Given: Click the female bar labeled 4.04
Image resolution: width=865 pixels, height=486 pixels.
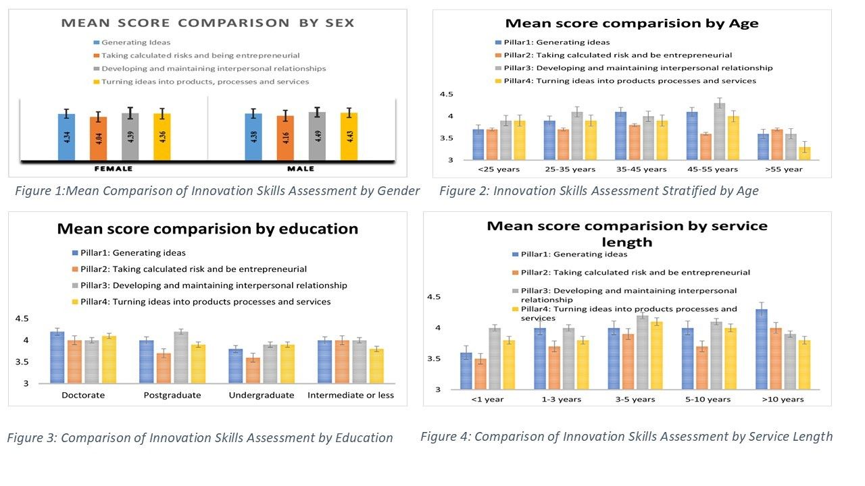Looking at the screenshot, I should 99,139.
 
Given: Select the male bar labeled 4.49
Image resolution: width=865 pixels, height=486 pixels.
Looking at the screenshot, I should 317,136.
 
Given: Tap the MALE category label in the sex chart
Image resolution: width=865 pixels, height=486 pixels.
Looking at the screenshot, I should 301,169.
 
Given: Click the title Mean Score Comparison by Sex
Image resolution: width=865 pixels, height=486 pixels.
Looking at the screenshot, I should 207,23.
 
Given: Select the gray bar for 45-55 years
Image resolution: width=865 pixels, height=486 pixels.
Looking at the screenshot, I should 720,132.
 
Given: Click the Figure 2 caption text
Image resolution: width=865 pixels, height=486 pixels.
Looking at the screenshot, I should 599,191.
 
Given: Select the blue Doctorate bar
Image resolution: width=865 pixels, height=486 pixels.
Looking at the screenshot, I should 58,357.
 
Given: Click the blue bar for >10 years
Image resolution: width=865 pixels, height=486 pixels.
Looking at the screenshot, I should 762,349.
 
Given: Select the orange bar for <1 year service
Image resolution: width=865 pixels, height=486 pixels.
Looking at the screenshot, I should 480,373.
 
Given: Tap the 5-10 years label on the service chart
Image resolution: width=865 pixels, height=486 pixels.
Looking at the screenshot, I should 708,399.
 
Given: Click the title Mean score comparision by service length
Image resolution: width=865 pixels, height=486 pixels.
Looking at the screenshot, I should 626,234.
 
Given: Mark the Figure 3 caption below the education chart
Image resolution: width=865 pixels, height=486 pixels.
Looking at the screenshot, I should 200,438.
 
